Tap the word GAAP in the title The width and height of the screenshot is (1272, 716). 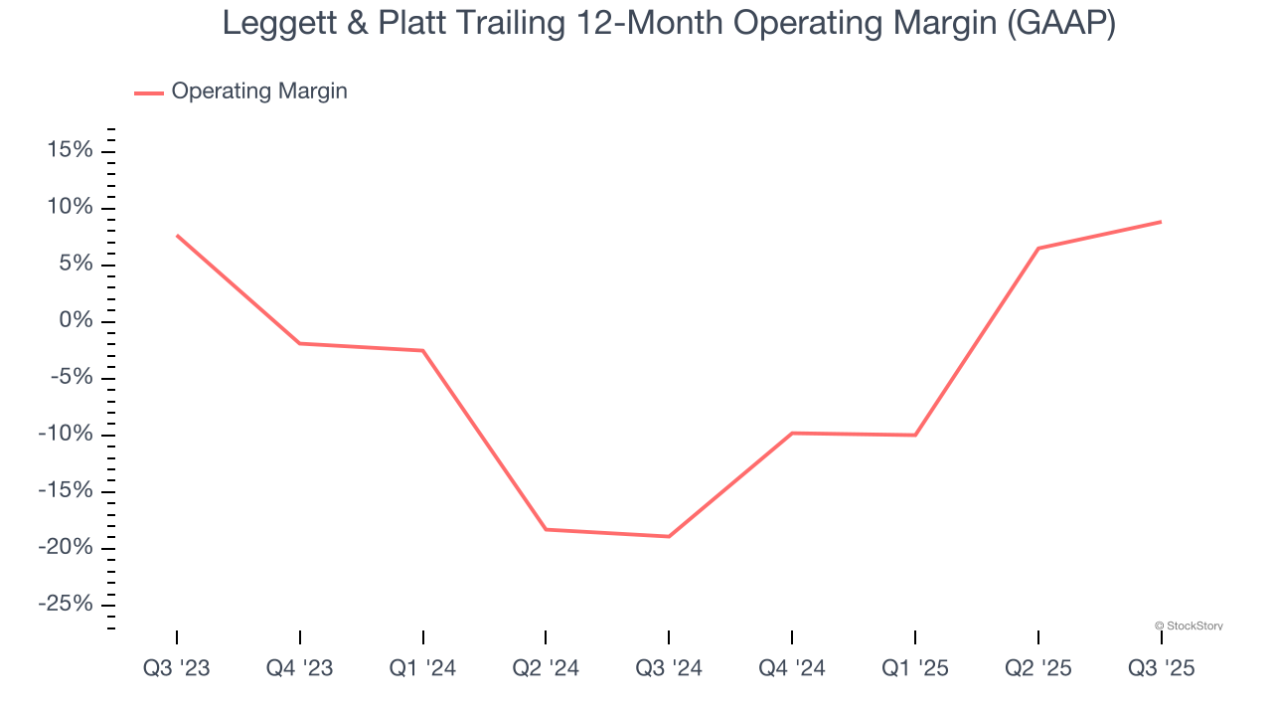(x=1060, y=23)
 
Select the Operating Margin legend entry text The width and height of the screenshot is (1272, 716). (x=259, y=91)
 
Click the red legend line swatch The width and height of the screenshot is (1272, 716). (x=149, y=92)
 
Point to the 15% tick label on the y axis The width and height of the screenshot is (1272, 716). (x=70, y=150)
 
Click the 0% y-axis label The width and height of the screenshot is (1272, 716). (x=76, y=321)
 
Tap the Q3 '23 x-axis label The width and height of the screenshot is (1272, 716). (x=177, y=668)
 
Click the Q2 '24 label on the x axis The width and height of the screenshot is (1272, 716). (x=546, y=668)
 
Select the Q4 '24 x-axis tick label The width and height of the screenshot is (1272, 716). (x=792, y=668)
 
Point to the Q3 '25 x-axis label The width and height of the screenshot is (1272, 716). (x=1161, y=668)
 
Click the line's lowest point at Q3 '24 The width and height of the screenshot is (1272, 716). (x=669, y=537)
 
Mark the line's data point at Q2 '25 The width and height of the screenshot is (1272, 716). (x=1038, y=248)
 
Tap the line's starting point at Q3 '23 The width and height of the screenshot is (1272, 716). (x=177, y=236)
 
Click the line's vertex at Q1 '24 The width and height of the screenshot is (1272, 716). (x=423, y=350)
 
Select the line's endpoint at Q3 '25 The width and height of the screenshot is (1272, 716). (x=1161, y=222)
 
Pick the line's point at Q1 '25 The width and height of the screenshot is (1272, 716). (x=915, y=435)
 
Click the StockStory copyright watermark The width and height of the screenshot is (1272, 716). (x=1189, y=626)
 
